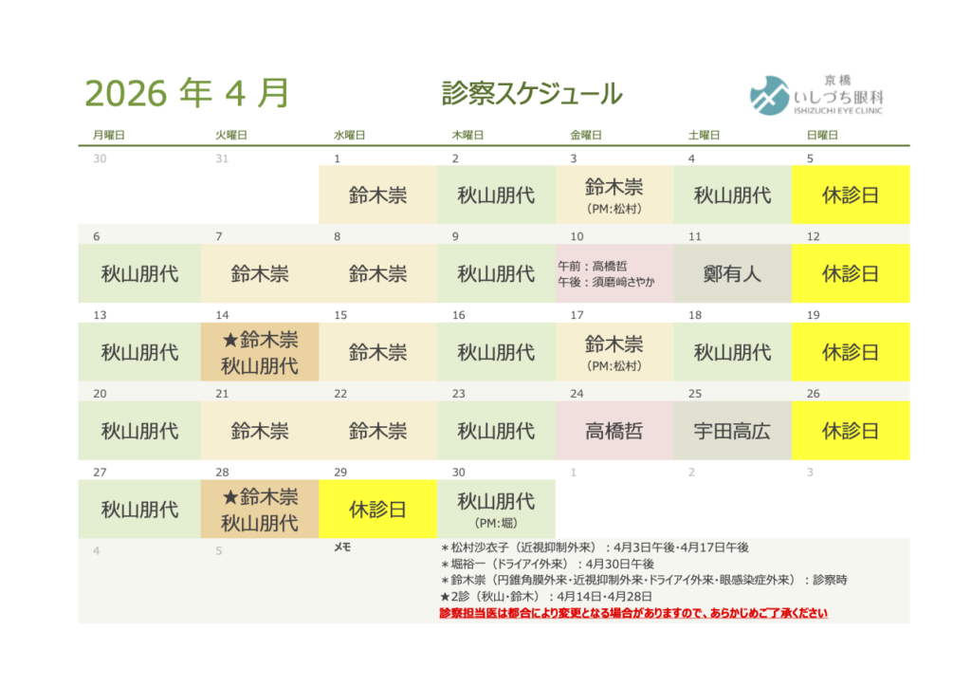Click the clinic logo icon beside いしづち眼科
[x=769, y=96]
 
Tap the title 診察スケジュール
[x=532, y=94]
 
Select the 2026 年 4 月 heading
[x=187, y=93]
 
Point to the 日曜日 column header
[x=822, y=135]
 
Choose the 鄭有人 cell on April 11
[x=733, y=273]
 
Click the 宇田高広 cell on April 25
[x=733, y=431]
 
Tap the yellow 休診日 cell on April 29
[x=377, y=510]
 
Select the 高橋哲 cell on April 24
[x=614, y=431]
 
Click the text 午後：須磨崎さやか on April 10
[x=606, y=283]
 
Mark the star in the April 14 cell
[x=230, y=340]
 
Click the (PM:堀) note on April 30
[x=496, y=523]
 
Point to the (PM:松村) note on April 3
[x=614, y=209]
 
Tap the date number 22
[x=340, y=394]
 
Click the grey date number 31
[x=222, y=158]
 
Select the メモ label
[x=342, y=548]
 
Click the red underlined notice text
[x=633, y=613]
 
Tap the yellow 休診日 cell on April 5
[x=851, y=195]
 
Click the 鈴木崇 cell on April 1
[x=377, y=195]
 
